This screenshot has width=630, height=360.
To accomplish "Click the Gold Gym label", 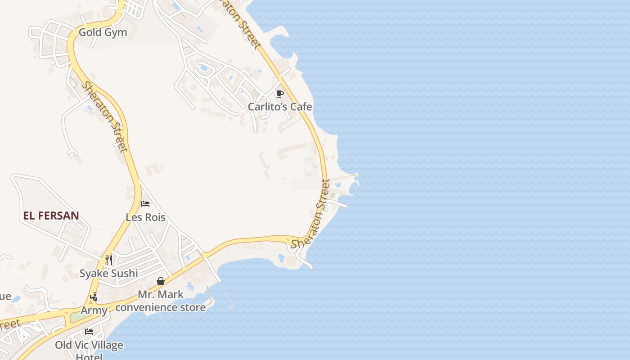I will tap(103, 32).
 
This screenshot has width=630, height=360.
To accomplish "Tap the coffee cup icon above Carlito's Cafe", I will tap(279, 94).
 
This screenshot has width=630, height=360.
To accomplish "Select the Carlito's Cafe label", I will tap(280, 107).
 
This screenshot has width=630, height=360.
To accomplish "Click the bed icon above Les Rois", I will tap(145, 204).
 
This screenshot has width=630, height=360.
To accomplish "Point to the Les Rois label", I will tap(145, 217).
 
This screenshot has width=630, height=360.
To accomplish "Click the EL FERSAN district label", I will tap(51, 216).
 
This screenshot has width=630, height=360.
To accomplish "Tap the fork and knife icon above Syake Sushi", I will tap(108, 260).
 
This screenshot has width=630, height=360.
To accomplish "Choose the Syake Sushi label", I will tap(108, 273).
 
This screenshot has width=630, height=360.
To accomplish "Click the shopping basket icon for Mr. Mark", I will tap(161, 281).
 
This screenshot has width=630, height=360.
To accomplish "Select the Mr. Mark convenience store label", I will tap(161, 301).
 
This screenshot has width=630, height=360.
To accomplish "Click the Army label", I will tap(94, 310).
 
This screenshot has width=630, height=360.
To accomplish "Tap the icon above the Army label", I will tap(94, 297).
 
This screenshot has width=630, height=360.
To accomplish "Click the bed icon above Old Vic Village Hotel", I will tap(89, 332).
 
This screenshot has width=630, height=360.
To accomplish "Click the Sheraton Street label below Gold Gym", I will tap(104, 116).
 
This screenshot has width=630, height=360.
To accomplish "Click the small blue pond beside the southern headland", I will tap(281, 258).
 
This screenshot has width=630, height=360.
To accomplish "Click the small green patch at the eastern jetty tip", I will tap(354, 175).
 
